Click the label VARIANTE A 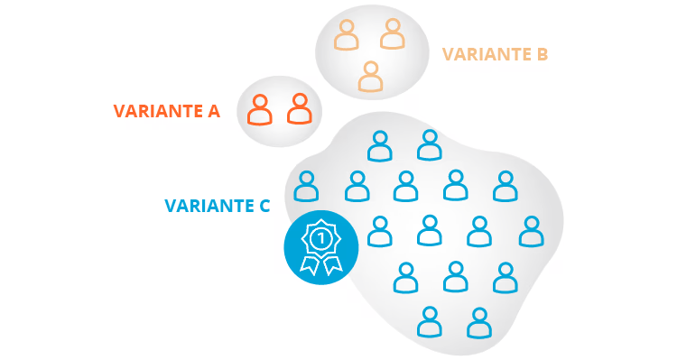click(x=166, y=111)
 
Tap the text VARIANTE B click(x=495, y=54)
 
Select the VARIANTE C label click(x=217, y=206)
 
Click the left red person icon click(x=260, y=110)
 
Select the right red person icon click(x=299, y=110)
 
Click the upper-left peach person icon click(x=346, y=37)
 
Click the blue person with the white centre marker click(x=428, y=231)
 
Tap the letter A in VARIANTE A click(x=213, y=111)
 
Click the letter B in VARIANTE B click(x=542, y=54)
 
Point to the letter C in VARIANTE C click(x=264, y=206)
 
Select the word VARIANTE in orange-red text click(x=155, y=111)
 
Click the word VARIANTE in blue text click(x=207, y=206)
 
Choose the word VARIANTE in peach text click(x=484, y=54)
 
